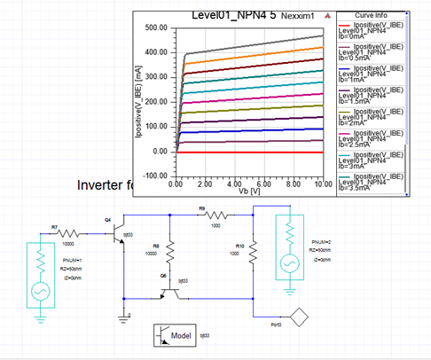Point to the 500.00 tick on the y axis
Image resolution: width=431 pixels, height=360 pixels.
pos(156,29)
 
